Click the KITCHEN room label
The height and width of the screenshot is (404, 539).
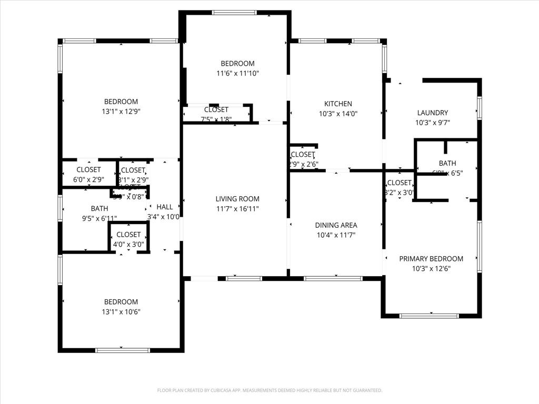click(x=338, y=104)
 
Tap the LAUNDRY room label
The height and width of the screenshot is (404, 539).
click(x=432, y=113)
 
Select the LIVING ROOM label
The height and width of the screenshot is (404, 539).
click(x=237, y=199)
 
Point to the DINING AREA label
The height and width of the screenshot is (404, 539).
click(x=336, y=225)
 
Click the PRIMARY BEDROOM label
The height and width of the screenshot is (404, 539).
click(x=431, y=258)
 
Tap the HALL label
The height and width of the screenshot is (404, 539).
click(x=164, y=207)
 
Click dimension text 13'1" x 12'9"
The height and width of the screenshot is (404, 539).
click(x=121, y=111)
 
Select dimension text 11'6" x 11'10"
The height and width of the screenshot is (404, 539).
click(x=237, y=73)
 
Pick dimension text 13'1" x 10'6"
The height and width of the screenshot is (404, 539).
click(x=121, y=311)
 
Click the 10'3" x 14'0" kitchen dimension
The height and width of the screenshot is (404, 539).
click(x=338, y=113)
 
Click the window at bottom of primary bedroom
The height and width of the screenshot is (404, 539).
click(x=422, y=316)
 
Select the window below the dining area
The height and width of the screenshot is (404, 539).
click(x=332, y=278)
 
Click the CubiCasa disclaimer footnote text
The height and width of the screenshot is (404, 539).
click(x=269, y=390)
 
